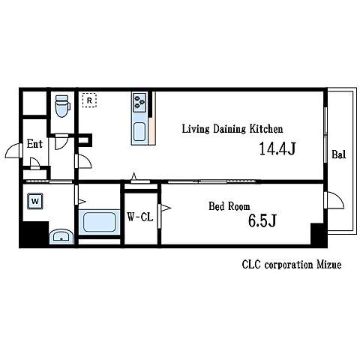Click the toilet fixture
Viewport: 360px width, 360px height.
coord(62,106)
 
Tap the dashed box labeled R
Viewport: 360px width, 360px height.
coord(89,100)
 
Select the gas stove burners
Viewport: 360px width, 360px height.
coord(139,102)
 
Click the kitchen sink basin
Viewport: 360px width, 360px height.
coord(139,132)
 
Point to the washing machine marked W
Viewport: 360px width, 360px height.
coord(35,201)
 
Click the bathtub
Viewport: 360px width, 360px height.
coord(100,222)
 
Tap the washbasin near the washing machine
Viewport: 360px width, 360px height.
coord(61,236)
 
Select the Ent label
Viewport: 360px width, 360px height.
coord(34,144)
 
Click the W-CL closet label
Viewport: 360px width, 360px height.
coord(140,217)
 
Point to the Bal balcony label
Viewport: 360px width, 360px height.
coord(339,154)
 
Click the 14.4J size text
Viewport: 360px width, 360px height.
coord(277,148)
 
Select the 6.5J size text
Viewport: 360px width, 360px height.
coord(262,220)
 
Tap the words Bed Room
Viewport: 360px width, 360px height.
coord(229,206)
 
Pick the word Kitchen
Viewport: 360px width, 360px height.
coord(266,129)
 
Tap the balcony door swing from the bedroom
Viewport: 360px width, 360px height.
coord(337,199)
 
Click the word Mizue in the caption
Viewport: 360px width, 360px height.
coord(329,265)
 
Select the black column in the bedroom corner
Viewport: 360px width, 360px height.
coord(317,234)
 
